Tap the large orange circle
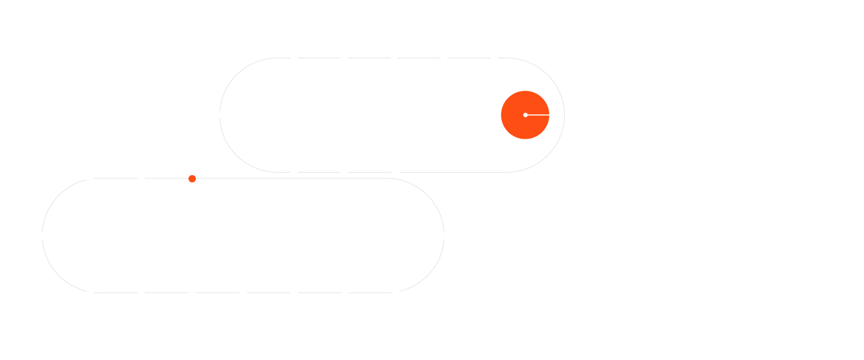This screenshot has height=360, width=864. pyautogui.click(x=525, y=115)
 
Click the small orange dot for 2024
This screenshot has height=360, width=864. pyautogui.click(x=192, y=179)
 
